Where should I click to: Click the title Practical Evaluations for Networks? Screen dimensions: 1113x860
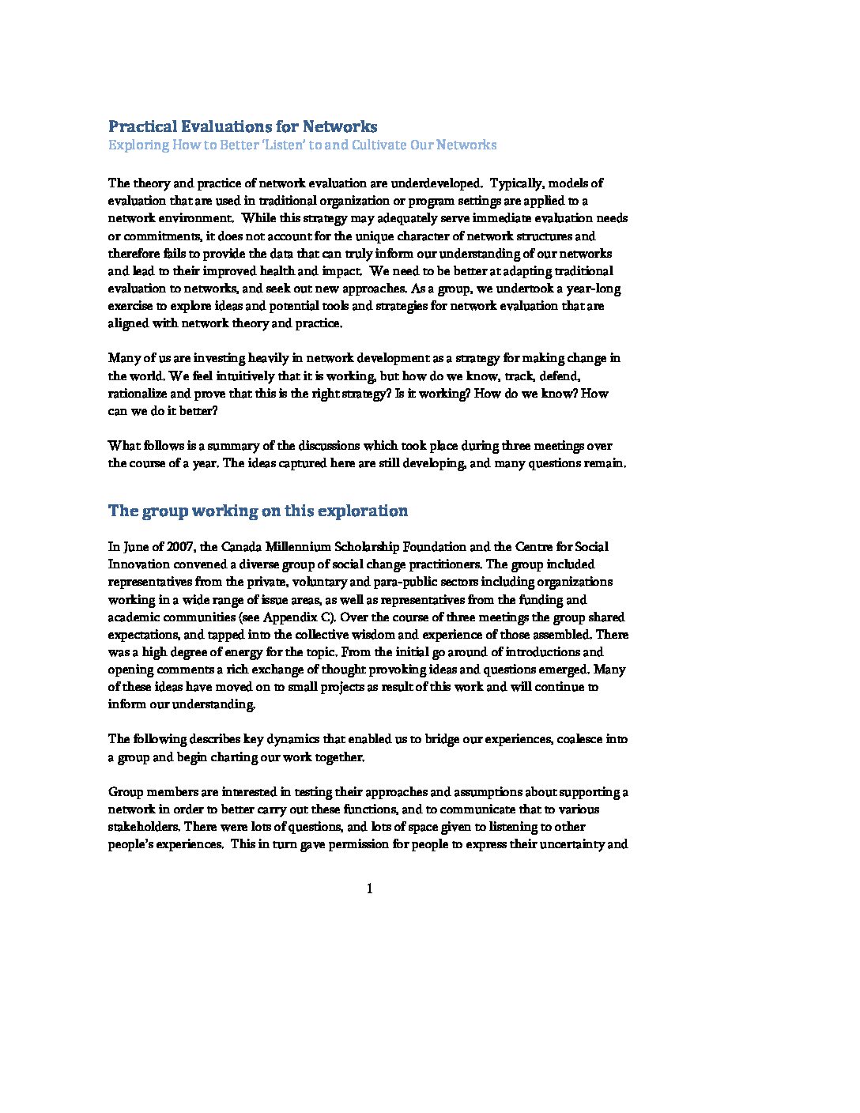pyautogui.click(x=242, y=126)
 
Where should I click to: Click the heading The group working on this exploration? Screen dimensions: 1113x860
pyautogui.click(x=258, y=511)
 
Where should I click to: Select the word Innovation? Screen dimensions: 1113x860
pyautogui.click(x=138, y=564)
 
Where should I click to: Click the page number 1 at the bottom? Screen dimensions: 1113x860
pyautogui.click(x=370, y=889)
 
